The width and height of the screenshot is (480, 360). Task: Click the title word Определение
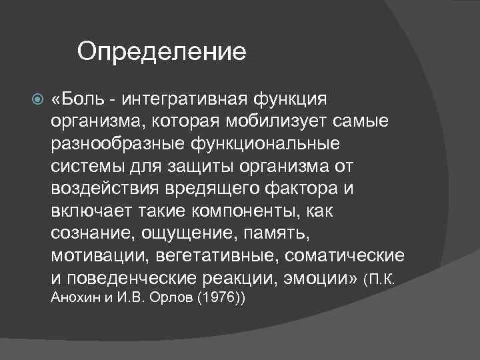click(161, 51)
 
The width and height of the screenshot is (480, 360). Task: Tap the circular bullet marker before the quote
click(37, 101)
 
